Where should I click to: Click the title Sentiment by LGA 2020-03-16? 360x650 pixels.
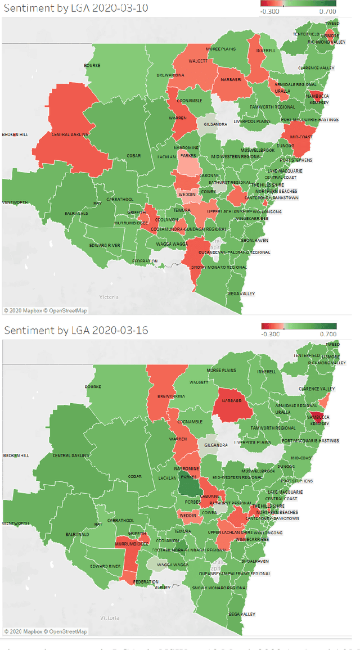pyautogui.click(x=74, y=330)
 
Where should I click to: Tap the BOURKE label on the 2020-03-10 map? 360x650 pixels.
pyautogui.click(x=92, y=66)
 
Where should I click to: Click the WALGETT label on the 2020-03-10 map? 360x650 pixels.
pyautogui.click(x=197, y=60)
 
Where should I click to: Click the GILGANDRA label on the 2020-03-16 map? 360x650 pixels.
pyautogui.click(x=215, y=445)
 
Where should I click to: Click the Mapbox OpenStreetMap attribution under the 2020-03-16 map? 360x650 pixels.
pyautogui.click(x=46, y=631)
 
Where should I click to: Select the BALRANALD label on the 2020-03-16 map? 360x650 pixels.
pyautogui.click(x=77, y=534)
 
